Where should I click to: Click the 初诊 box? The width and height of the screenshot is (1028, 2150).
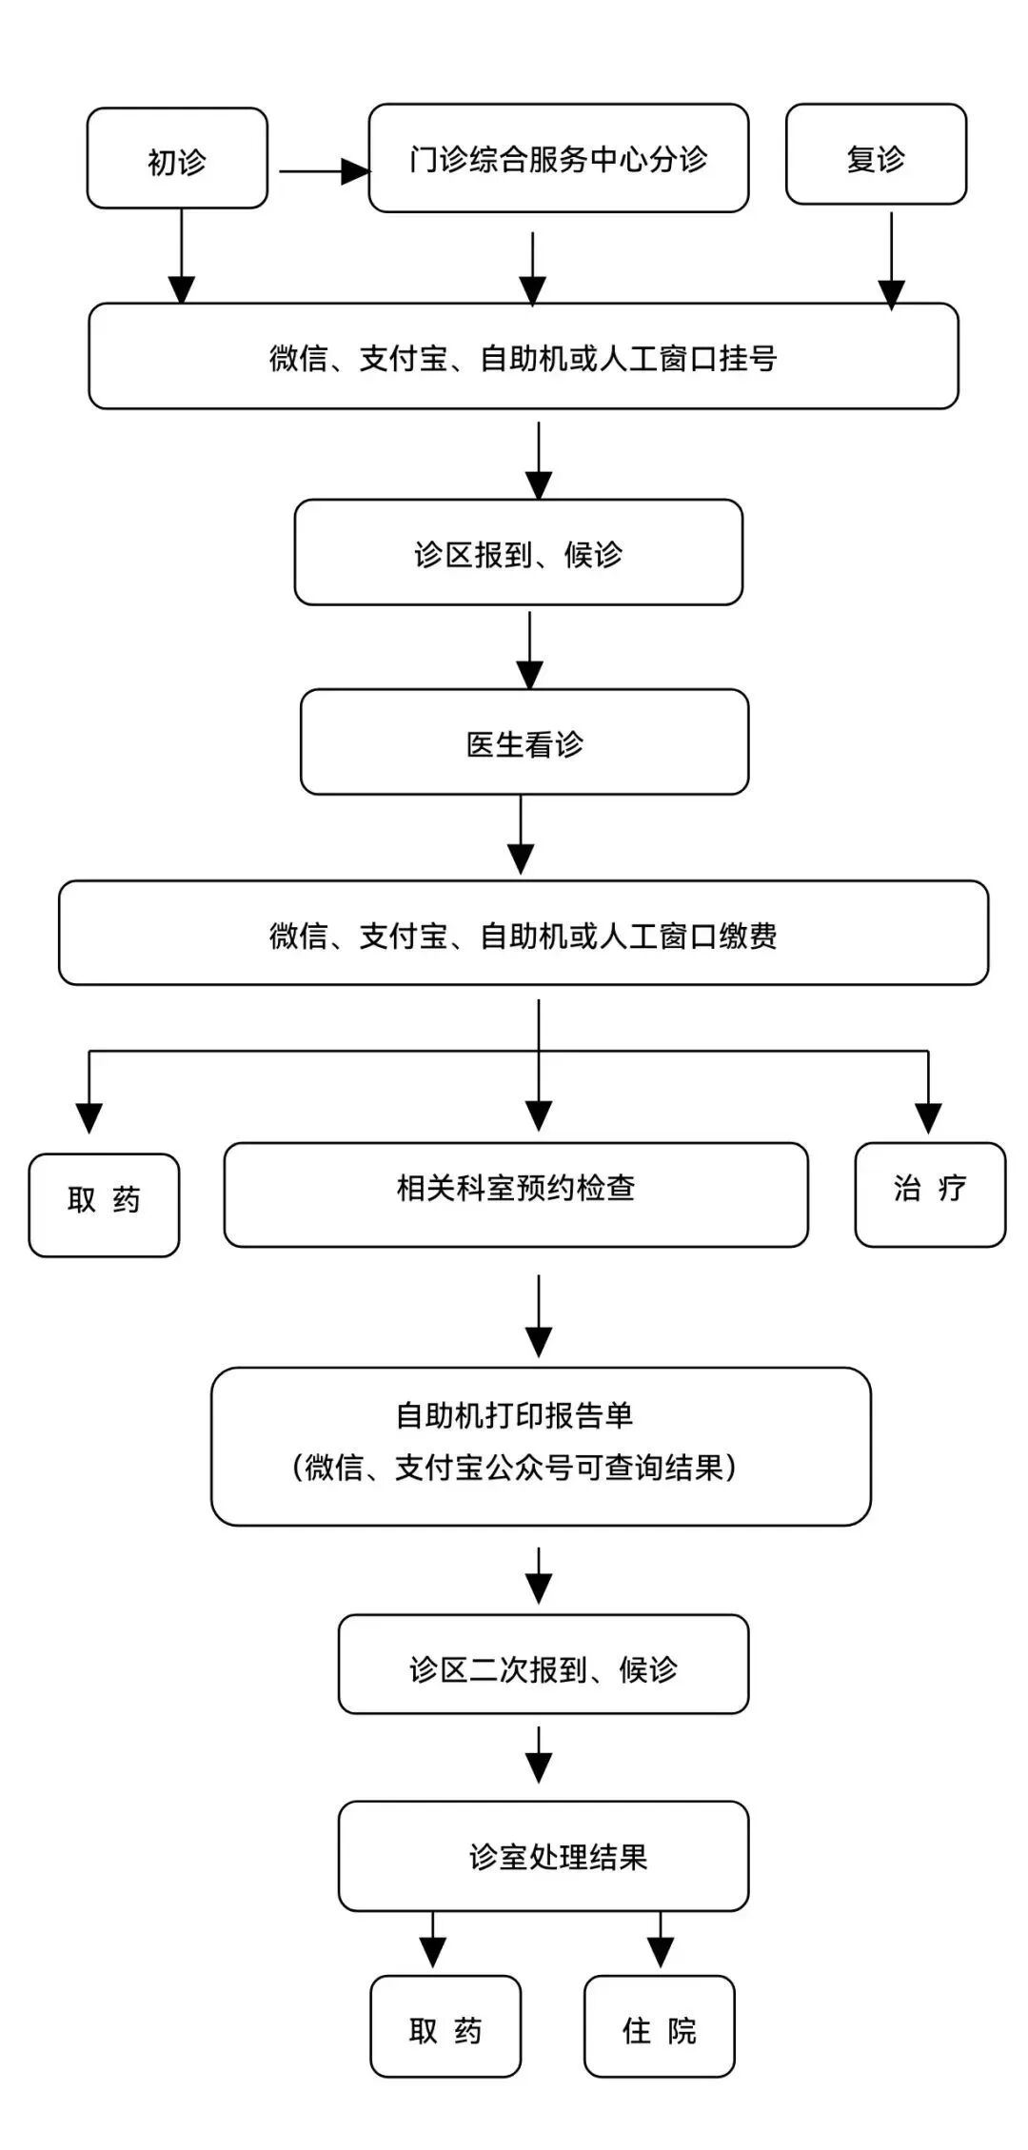click(x=177, y=159)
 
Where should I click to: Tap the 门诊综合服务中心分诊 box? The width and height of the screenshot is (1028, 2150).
click(x=558, y=158)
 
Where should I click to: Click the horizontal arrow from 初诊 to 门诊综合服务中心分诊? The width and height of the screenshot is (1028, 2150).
click(x=324, y=172)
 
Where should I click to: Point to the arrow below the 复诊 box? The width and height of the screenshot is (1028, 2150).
click(x=891, y=261)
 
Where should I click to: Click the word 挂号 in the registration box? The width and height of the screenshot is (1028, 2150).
click(x=748, y=359)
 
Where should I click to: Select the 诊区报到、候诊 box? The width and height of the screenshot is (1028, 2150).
click(x=518, y=553)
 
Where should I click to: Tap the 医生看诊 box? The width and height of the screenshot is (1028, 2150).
click(x=524, y=742)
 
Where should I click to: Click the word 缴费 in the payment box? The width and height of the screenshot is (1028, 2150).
click(x=748, y=936)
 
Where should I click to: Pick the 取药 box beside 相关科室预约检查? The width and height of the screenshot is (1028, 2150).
click(x=104, y=1205)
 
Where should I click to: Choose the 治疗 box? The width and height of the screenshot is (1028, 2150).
click(x=930, y=1194)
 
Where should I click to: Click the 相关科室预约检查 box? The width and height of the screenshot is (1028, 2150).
click(x=516, y=1194)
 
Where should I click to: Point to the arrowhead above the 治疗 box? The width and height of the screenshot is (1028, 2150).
click(x=928, y=1117)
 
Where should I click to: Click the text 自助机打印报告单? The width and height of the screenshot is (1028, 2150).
click(x=514, y=1415)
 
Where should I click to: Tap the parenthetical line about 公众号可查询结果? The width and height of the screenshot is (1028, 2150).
click(x=514, y=1468)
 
